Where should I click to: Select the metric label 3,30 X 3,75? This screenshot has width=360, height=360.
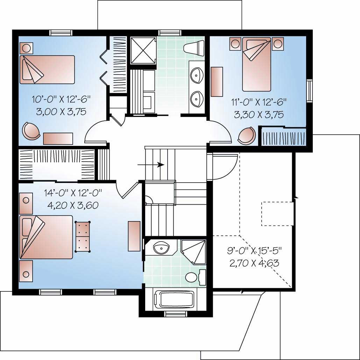tap(259, 114)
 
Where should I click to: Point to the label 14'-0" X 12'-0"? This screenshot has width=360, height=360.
tap(72, 192)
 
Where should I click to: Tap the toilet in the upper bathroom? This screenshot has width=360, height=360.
tap(194, 48)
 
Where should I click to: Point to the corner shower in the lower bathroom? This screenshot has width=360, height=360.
tap(195, 252)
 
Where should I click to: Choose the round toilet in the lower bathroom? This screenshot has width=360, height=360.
tap(192, 278)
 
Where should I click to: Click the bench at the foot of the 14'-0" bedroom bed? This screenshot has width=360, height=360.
tap(83, 237)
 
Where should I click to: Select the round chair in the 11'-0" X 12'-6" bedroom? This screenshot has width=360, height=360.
tap(248, 136)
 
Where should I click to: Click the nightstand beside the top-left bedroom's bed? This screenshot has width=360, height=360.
tap(26, 48)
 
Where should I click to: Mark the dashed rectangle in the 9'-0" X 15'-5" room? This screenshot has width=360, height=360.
tap(277, 213)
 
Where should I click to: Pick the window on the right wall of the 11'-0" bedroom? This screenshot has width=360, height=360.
tap(309, 90)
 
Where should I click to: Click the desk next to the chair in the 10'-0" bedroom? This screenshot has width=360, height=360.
tap(58, 139)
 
